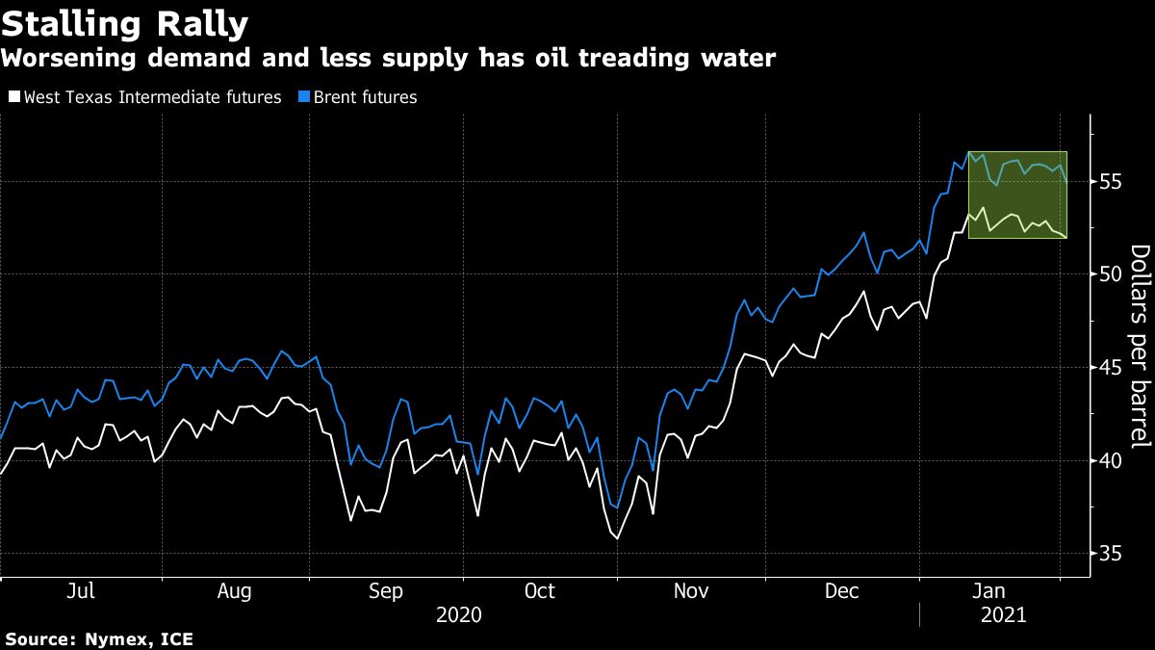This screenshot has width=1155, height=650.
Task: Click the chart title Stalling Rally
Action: point(125,23)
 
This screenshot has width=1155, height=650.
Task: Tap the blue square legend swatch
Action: point(304,97)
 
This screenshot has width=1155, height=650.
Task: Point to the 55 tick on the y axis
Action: point(1110,181)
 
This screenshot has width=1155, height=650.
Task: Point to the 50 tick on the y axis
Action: point(1110,274)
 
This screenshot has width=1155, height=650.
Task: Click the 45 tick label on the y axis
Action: point(1110,367)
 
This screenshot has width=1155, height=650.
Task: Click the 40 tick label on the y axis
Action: point(1110,460)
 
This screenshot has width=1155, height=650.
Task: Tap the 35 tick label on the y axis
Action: point(1110,553)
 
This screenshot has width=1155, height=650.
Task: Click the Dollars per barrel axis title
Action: point(1140,347)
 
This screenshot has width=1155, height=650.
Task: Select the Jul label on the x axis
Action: point(81,591)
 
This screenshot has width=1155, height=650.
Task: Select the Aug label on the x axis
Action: point(235,591)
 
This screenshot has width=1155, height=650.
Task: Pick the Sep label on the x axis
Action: point(386,591)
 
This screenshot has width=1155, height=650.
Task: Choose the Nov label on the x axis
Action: point(690,591)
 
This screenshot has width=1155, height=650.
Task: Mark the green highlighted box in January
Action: point(1017,195)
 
